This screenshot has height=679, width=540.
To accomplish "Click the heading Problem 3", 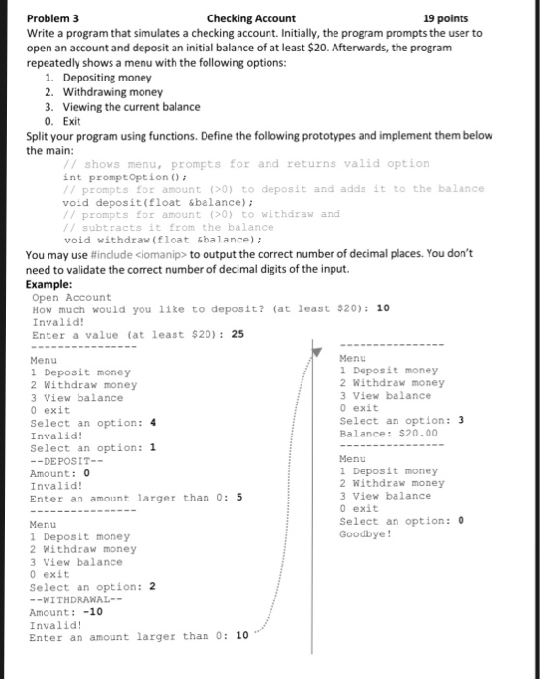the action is click(x=53, y=17).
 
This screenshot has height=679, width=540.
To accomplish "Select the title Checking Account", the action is click(x=251, y=17).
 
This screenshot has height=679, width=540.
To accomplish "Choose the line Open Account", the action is click(x=73, y=297).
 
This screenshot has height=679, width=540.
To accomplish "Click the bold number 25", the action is click(x=238, y=335).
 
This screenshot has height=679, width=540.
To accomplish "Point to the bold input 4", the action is click(x=153, y=423).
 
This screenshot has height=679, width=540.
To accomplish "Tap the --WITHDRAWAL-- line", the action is click(x=71, y=598).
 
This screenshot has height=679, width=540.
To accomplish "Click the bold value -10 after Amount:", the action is click(x=92, y=612).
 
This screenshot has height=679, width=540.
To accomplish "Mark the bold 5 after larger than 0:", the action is click(x=238, y=498).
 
